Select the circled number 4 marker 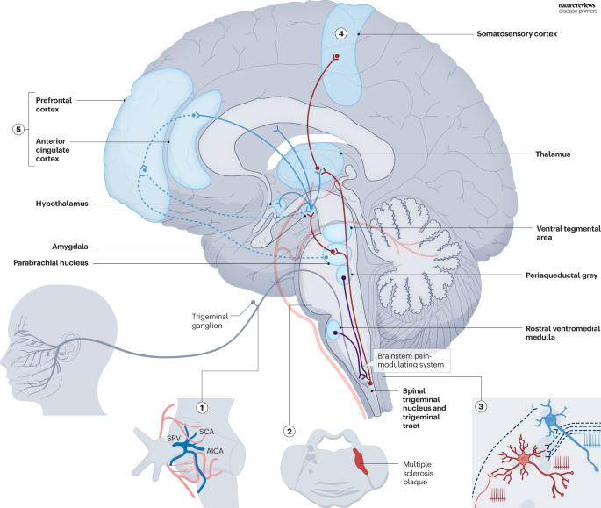[x=341, y=33]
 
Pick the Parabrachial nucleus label [x=68, y=262]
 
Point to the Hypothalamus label [x=59, y=203]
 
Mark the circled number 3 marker [x=480, y=406]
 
